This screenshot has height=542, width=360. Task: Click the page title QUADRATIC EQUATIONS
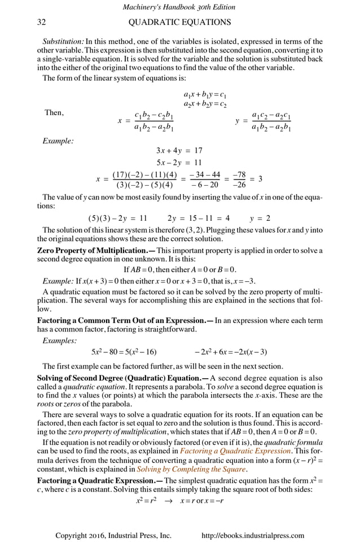coord(179,22)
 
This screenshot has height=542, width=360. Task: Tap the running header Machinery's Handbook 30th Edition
coord(179,7)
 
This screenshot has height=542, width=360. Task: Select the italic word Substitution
coord(63,41)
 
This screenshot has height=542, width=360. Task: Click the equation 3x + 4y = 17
coord(179,151)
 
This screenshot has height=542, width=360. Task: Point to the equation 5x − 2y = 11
coord(179,163)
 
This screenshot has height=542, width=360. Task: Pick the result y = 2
coord(260,218)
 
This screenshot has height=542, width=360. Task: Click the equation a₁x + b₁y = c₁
coord(205,93)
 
